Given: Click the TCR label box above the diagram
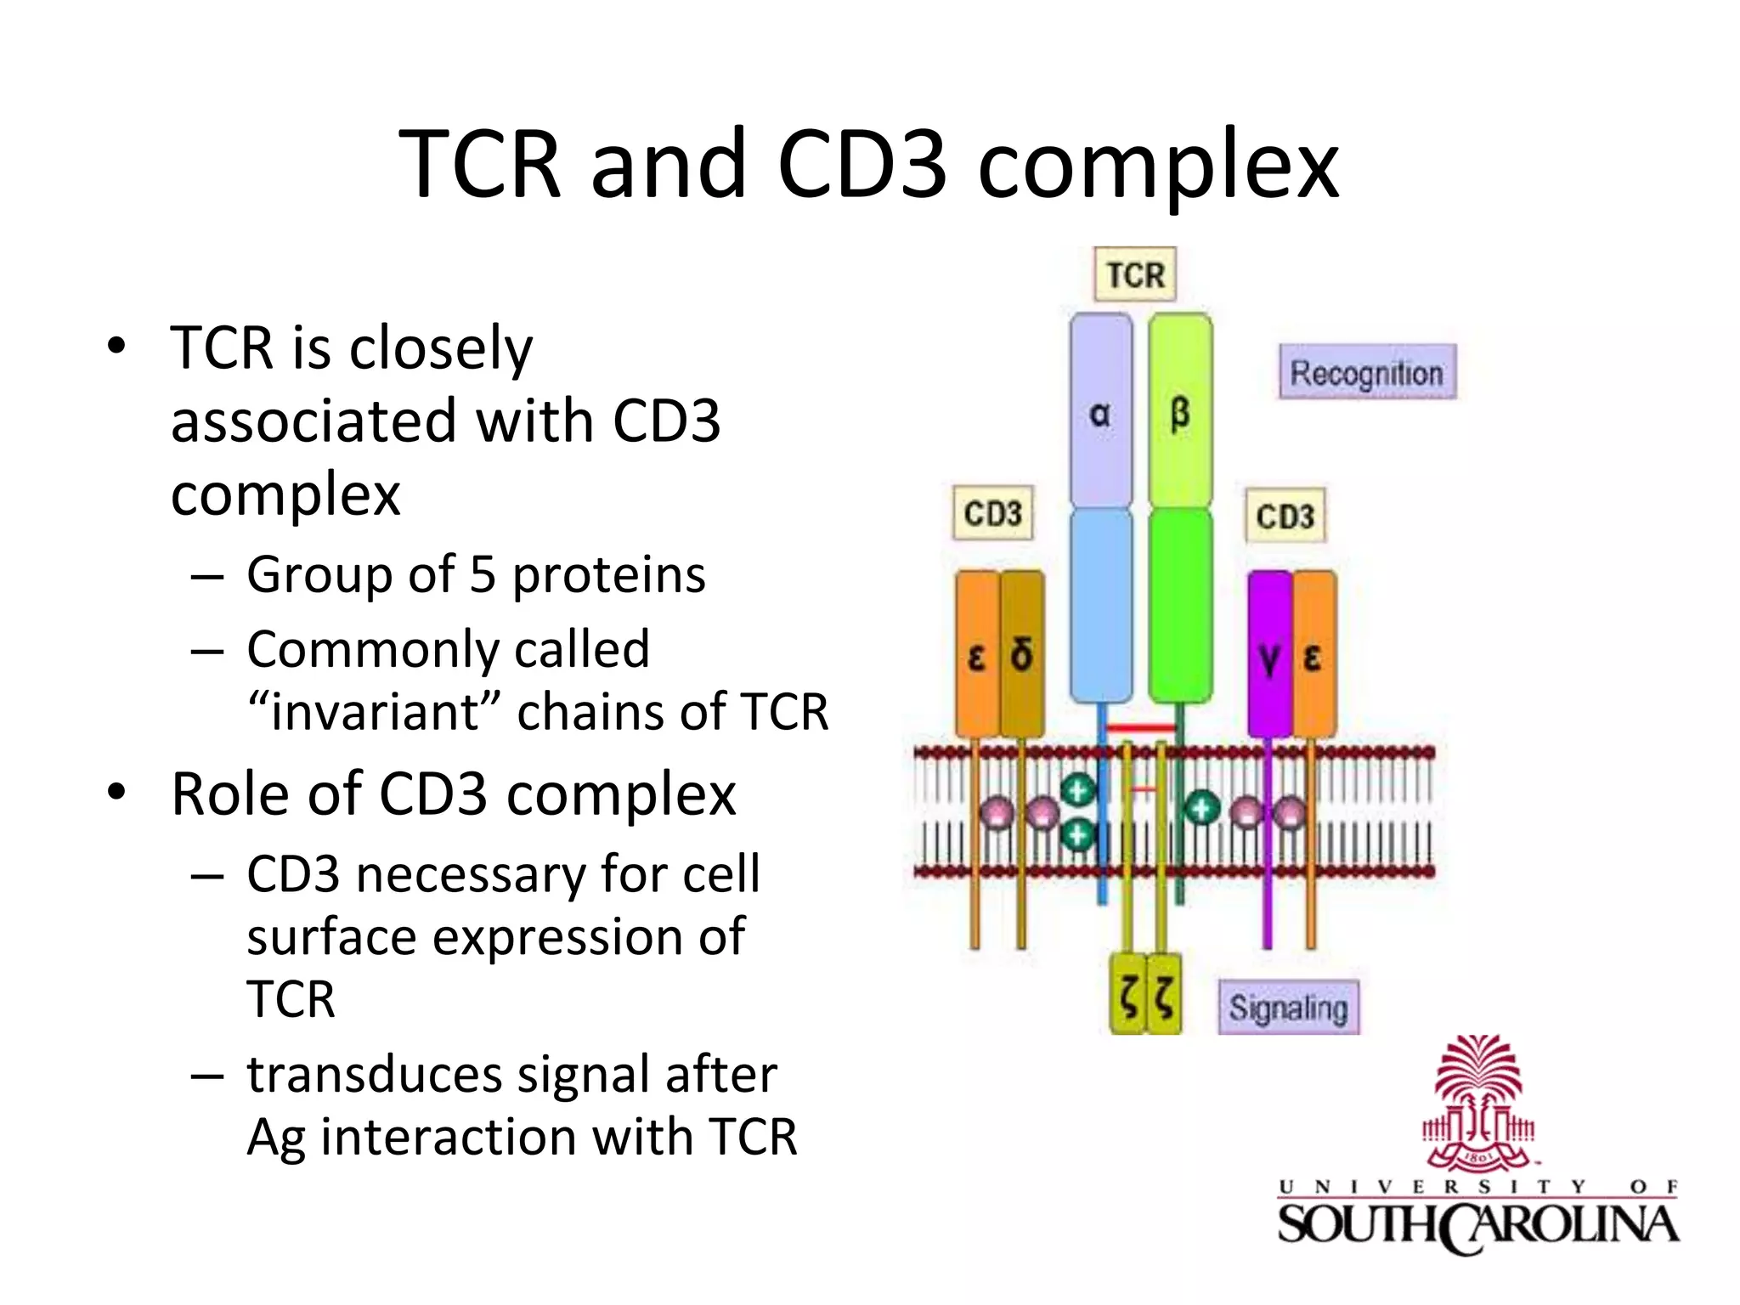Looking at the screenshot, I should click(1135, 274).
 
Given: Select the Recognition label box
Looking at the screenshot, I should click(1367, 372).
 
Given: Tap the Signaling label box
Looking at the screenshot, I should click(1288, 1008).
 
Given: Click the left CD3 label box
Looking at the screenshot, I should click(992, 513).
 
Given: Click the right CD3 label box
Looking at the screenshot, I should click(1285, 516).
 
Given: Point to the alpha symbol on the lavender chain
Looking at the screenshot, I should click(1099, 414).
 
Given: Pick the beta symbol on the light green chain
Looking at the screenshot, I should click(1180, 414).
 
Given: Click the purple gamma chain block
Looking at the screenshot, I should click(1269, 654).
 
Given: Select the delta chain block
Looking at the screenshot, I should click(1022, 654).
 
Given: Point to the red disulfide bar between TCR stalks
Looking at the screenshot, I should click(1141, 728).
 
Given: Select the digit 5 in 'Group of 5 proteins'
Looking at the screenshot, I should click(482, 575).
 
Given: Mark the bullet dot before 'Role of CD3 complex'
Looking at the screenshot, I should click(116, 792).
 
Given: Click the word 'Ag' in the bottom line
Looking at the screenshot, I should click(275, 1138).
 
